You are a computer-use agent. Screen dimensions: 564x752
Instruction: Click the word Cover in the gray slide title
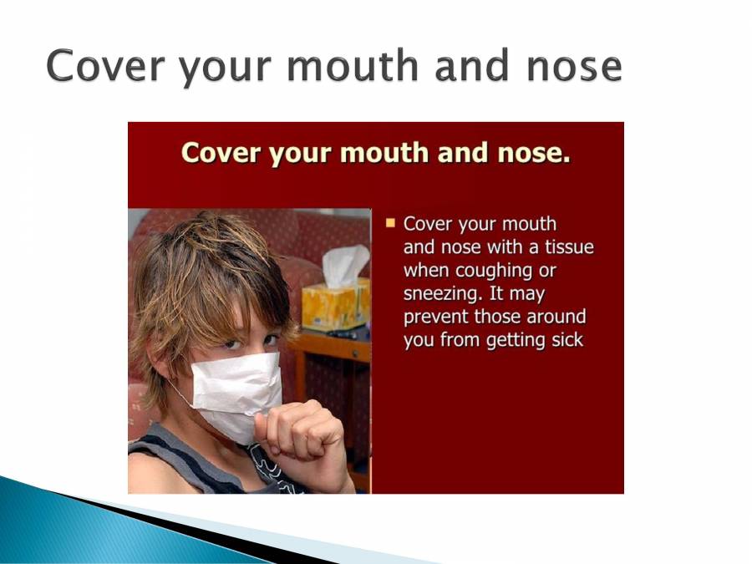pos(99,66)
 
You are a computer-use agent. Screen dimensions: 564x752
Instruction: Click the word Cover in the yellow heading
pos(219,154)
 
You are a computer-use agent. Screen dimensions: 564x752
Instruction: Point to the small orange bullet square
pos(390,223)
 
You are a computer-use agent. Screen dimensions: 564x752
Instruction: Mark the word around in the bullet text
pos(556,318)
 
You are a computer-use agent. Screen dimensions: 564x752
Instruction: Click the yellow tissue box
pos(335,305)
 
